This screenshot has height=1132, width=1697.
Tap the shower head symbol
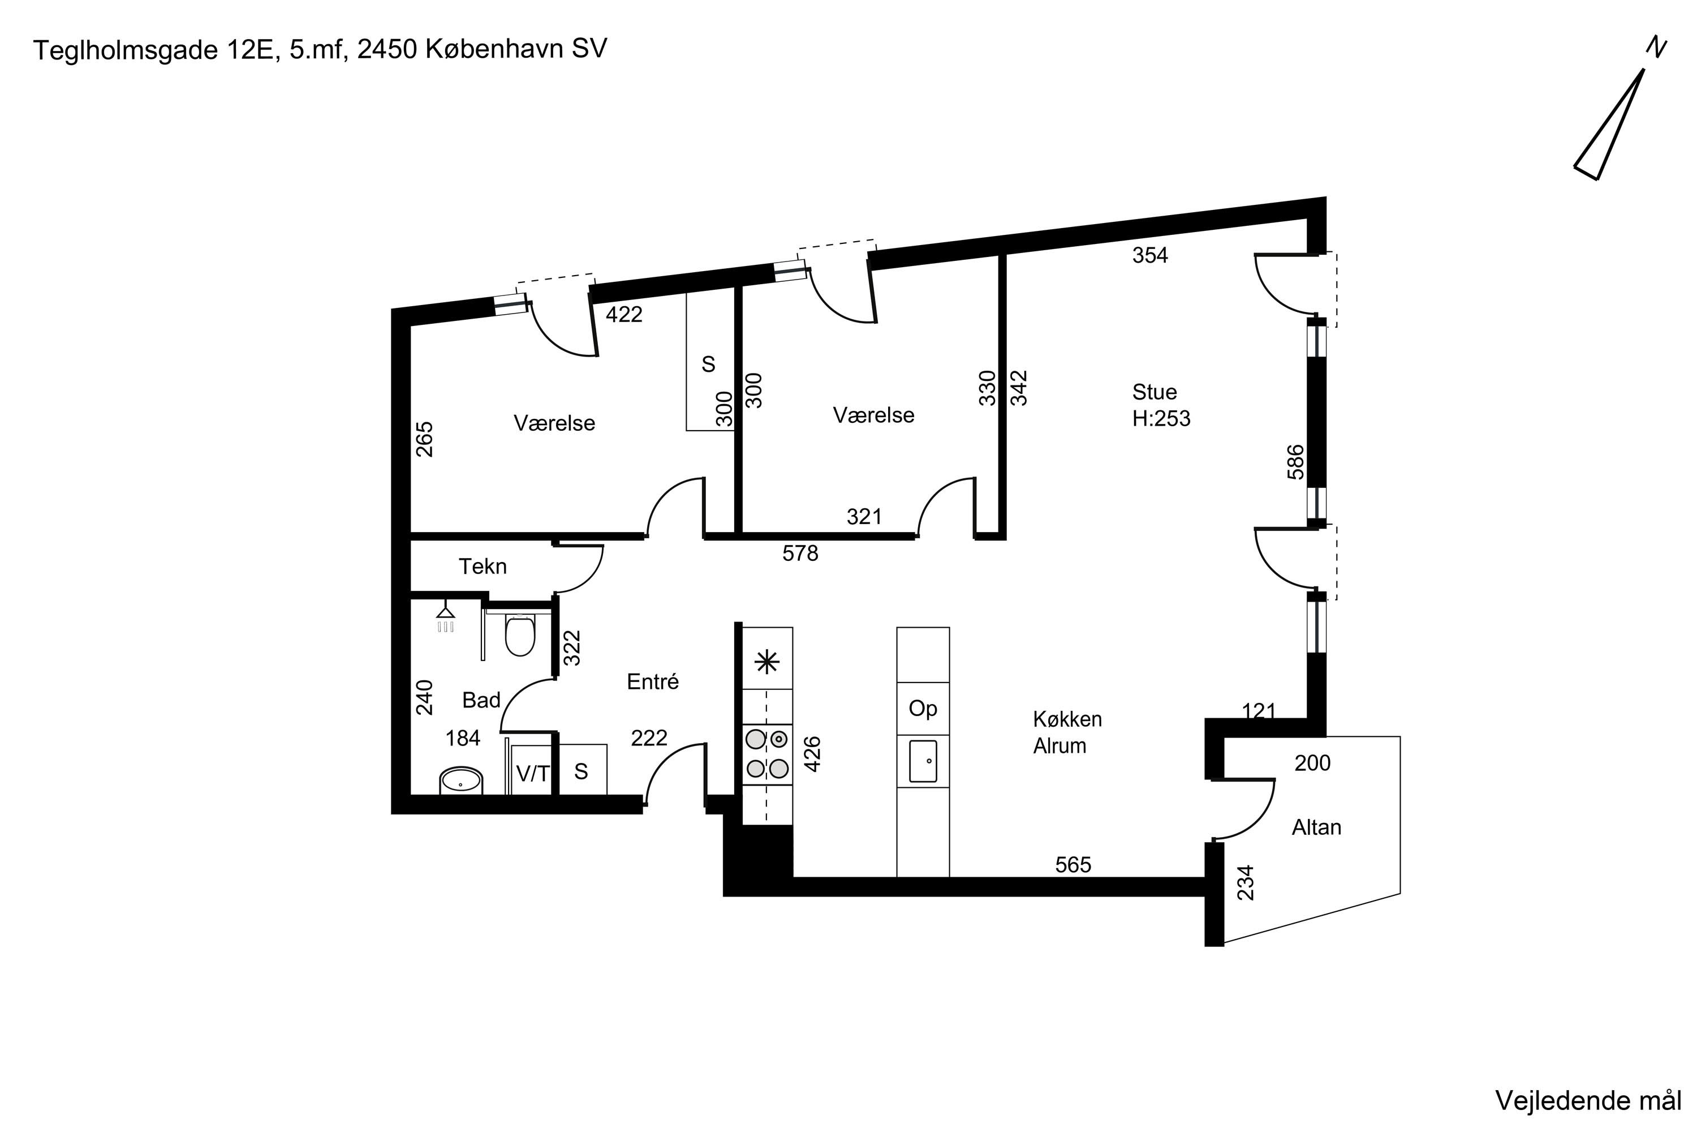[x=446, y=616]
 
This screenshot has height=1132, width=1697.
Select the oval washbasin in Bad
[x=460, y=781]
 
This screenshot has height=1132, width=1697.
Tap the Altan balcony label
[x=1316, y=827]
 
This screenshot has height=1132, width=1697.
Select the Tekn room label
[x=483, y=567]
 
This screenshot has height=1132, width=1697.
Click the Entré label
[x=652, y=681]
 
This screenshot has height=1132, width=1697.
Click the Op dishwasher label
[x=923, y=709]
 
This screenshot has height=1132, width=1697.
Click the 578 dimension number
[x=800, y=554]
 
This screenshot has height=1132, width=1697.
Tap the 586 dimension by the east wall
[x=1296, y=462]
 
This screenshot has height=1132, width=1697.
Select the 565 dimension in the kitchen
[x=1073, y=865]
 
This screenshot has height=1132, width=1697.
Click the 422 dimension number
[x=623, y=315]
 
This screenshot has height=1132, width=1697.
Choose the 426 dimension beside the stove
[x=812, y=754]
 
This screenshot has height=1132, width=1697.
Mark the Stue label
[x=1155, y=392]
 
